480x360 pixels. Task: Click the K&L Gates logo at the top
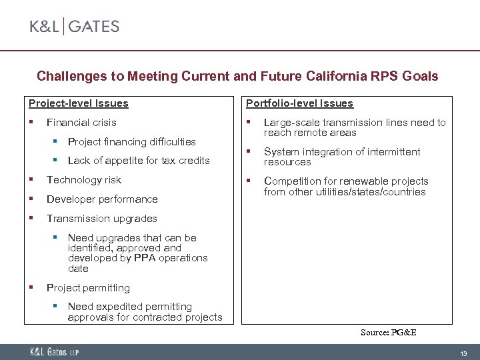pyautogui.click(x=74, y=27)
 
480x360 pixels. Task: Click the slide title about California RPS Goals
pyautogui.click(x=237, y=76)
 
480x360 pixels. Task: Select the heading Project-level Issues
pyautogui.click(x=78, y=103)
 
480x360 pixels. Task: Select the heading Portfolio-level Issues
pyautogui.click(x=299, y=103)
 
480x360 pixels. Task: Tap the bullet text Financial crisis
pyautogui.click(x=81, y=123)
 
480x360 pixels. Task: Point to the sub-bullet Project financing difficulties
pyautogui.click(x=131, y=141)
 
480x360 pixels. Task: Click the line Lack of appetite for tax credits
pyautogui.click(x=139, y=160)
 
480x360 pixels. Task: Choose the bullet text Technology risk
pyautogui.click(x=84, y=180)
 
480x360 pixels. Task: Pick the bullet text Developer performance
pyautogui.click(x=102, y=199)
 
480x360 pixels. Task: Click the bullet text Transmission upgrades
pyautogui.click(x=101, y=219)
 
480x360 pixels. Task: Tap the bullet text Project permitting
pyautogui.click(x=88, y=288)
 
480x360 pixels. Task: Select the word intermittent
pyautogui.click(x=394, y=152)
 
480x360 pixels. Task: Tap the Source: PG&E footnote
pyautogui.click(x=388, y=332)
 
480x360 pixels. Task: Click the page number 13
pyautogui.click(x=463, y=353)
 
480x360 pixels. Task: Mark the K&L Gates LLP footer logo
pyautogui.click(x=53, y=352)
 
